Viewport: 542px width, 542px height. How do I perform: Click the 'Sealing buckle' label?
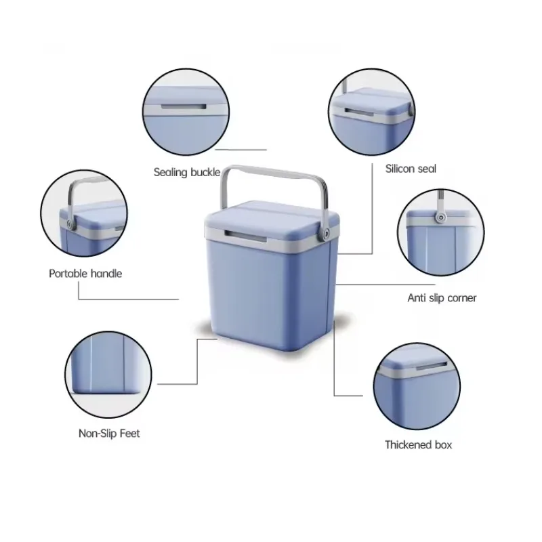point(187,172)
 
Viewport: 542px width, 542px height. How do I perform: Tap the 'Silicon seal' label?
point(411,169)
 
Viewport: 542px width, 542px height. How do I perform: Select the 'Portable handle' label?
point(85,274)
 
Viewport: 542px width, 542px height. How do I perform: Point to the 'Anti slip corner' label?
point(442,298)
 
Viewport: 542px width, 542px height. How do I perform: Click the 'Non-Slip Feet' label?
point(109,434)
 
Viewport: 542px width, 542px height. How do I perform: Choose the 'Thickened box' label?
point(418,444)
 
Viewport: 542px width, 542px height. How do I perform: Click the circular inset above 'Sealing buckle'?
point(186,112)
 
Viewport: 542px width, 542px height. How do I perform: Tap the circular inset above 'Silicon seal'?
point(371,112)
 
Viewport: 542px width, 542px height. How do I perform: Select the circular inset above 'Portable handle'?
point(84,213)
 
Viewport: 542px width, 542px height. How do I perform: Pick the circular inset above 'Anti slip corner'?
point(441,232)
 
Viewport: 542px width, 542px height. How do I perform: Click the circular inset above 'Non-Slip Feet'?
point(108,375)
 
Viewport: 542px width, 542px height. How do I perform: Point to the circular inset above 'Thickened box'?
point(417,386)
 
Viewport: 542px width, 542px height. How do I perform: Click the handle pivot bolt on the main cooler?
point(326,234)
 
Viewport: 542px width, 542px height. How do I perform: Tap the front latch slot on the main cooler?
point(246,236)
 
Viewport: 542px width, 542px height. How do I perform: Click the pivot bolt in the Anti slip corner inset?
point(440,217)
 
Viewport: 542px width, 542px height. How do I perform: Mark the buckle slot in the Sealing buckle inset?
point(184,107)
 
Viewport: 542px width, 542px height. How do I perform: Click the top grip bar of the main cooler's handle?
point(274,172)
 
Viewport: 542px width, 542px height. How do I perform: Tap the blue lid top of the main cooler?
point(273,217)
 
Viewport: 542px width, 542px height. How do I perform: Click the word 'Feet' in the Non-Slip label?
point(129,434)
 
